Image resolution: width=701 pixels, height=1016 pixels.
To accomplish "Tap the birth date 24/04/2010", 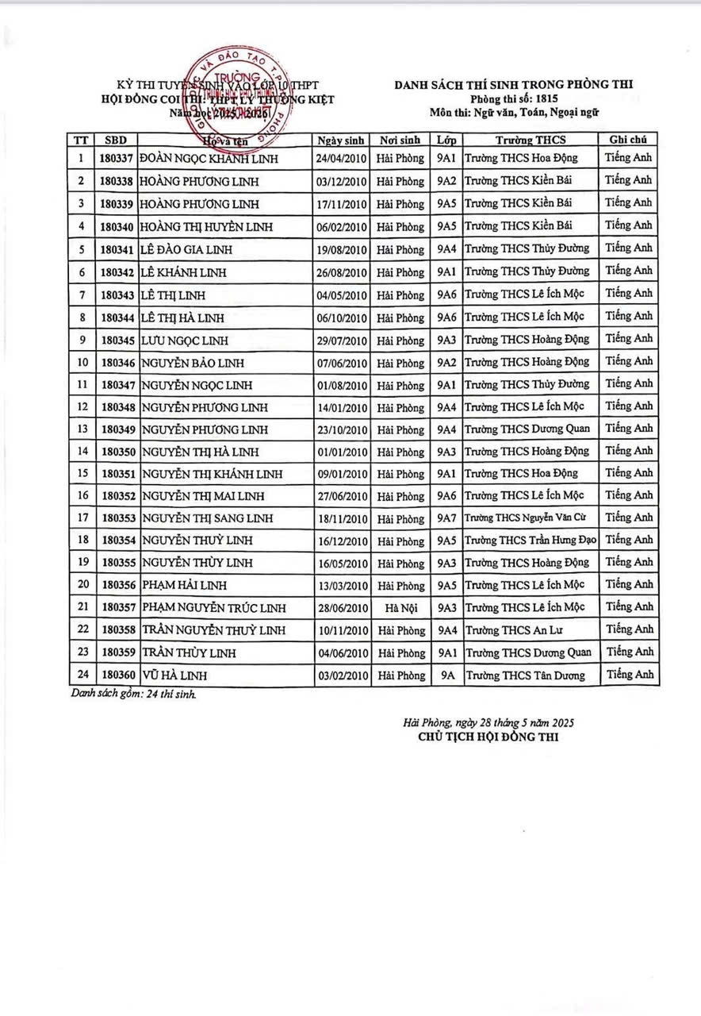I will (x=342, y=158).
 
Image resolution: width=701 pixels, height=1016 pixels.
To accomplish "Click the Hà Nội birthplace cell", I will (x=401, y=608).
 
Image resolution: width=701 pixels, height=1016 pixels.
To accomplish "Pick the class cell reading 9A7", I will (x=446, y=518).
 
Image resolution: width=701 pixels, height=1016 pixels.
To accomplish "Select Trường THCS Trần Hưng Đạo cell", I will (x=531, y=541).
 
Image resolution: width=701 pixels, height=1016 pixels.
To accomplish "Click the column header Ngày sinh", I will (x=342, y=140).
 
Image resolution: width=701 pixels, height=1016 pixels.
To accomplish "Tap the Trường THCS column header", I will (x=530, y=140).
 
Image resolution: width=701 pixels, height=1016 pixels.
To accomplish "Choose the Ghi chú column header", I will (x=629, y=140).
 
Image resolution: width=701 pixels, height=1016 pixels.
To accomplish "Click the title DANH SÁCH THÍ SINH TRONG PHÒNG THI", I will (x=515, y=83).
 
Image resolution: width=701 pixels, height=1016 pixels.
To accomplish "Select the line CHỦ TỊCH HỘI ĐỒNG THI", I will (x=488, y=737).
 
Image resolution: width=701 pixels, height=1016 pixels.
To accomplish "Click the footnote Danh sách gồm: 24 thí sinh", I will (x=133, y=693).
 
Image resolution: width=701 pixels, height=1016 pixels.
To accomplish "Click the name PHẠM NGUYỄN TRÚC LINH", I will (x=213, y=608).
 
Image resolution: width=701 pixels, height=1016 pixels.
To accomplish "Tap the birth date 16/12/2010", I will (x=342, y=541).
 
